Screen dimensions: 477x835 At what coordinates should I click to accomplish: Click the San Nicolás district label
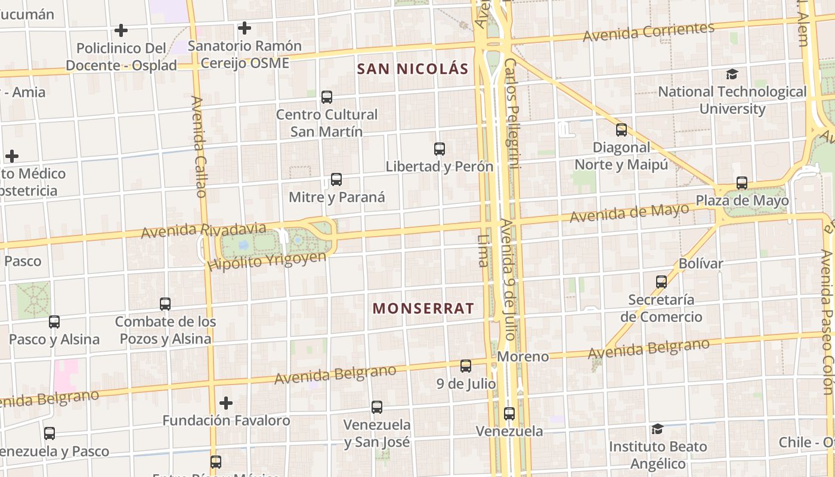[413, 69]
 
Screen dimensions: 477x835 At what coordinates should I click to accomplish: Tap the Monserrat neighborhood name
[423, 309]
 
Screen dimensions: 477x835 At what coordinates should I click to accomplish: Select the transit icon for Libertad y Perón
[440, 149]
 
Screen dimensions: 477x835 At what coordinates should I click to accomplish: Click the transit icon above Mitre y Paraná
[336, 179]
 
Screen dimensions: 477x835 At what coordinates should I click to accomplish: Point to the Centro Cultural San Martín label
[327, 123]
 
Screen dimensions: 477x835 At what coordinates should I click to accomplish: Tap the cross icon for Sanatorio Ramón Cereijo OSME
[244, 28]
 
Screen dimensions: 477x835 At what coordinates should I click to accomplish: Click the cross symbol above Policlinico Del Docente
[121, 30]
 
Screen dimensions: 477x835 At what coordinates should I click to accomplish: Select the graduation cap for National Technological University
[732, 74]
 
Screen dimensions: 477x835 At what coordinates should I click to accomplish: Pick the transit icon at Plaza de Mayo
[742, 183]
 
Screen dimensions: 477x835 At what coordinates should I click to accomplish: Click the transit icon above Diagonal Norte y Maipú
[621, 129]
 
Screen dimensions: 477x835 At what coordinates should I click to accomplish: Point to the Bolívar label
[701, 264]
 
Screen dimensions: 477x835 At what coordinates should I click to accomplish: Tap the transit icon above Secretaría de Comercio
[661, 282]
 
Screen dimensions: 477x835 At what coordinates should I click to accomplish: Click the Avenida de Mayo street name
[629, 213]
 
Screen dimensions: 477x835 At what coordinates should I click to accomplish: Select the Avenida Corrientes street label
[648, 32]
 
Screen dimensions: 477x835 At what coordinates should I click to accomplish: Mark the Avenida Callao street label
[199, 147]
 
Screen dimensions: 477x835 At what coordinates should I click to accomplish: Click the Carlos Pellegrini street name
[511, 113]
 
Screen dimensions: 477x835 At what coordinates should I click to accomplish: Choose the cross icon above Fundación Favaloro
[226, 403]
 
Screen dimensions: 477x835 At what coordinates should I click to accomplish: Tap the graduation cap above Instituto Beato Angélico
[657, 429]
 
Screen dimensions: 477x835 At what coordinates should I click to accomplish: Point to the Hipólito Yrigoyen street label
[267, 261]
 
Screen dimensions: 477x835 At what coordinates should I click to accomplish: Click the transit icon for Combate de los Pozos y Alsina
[165, 304]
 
